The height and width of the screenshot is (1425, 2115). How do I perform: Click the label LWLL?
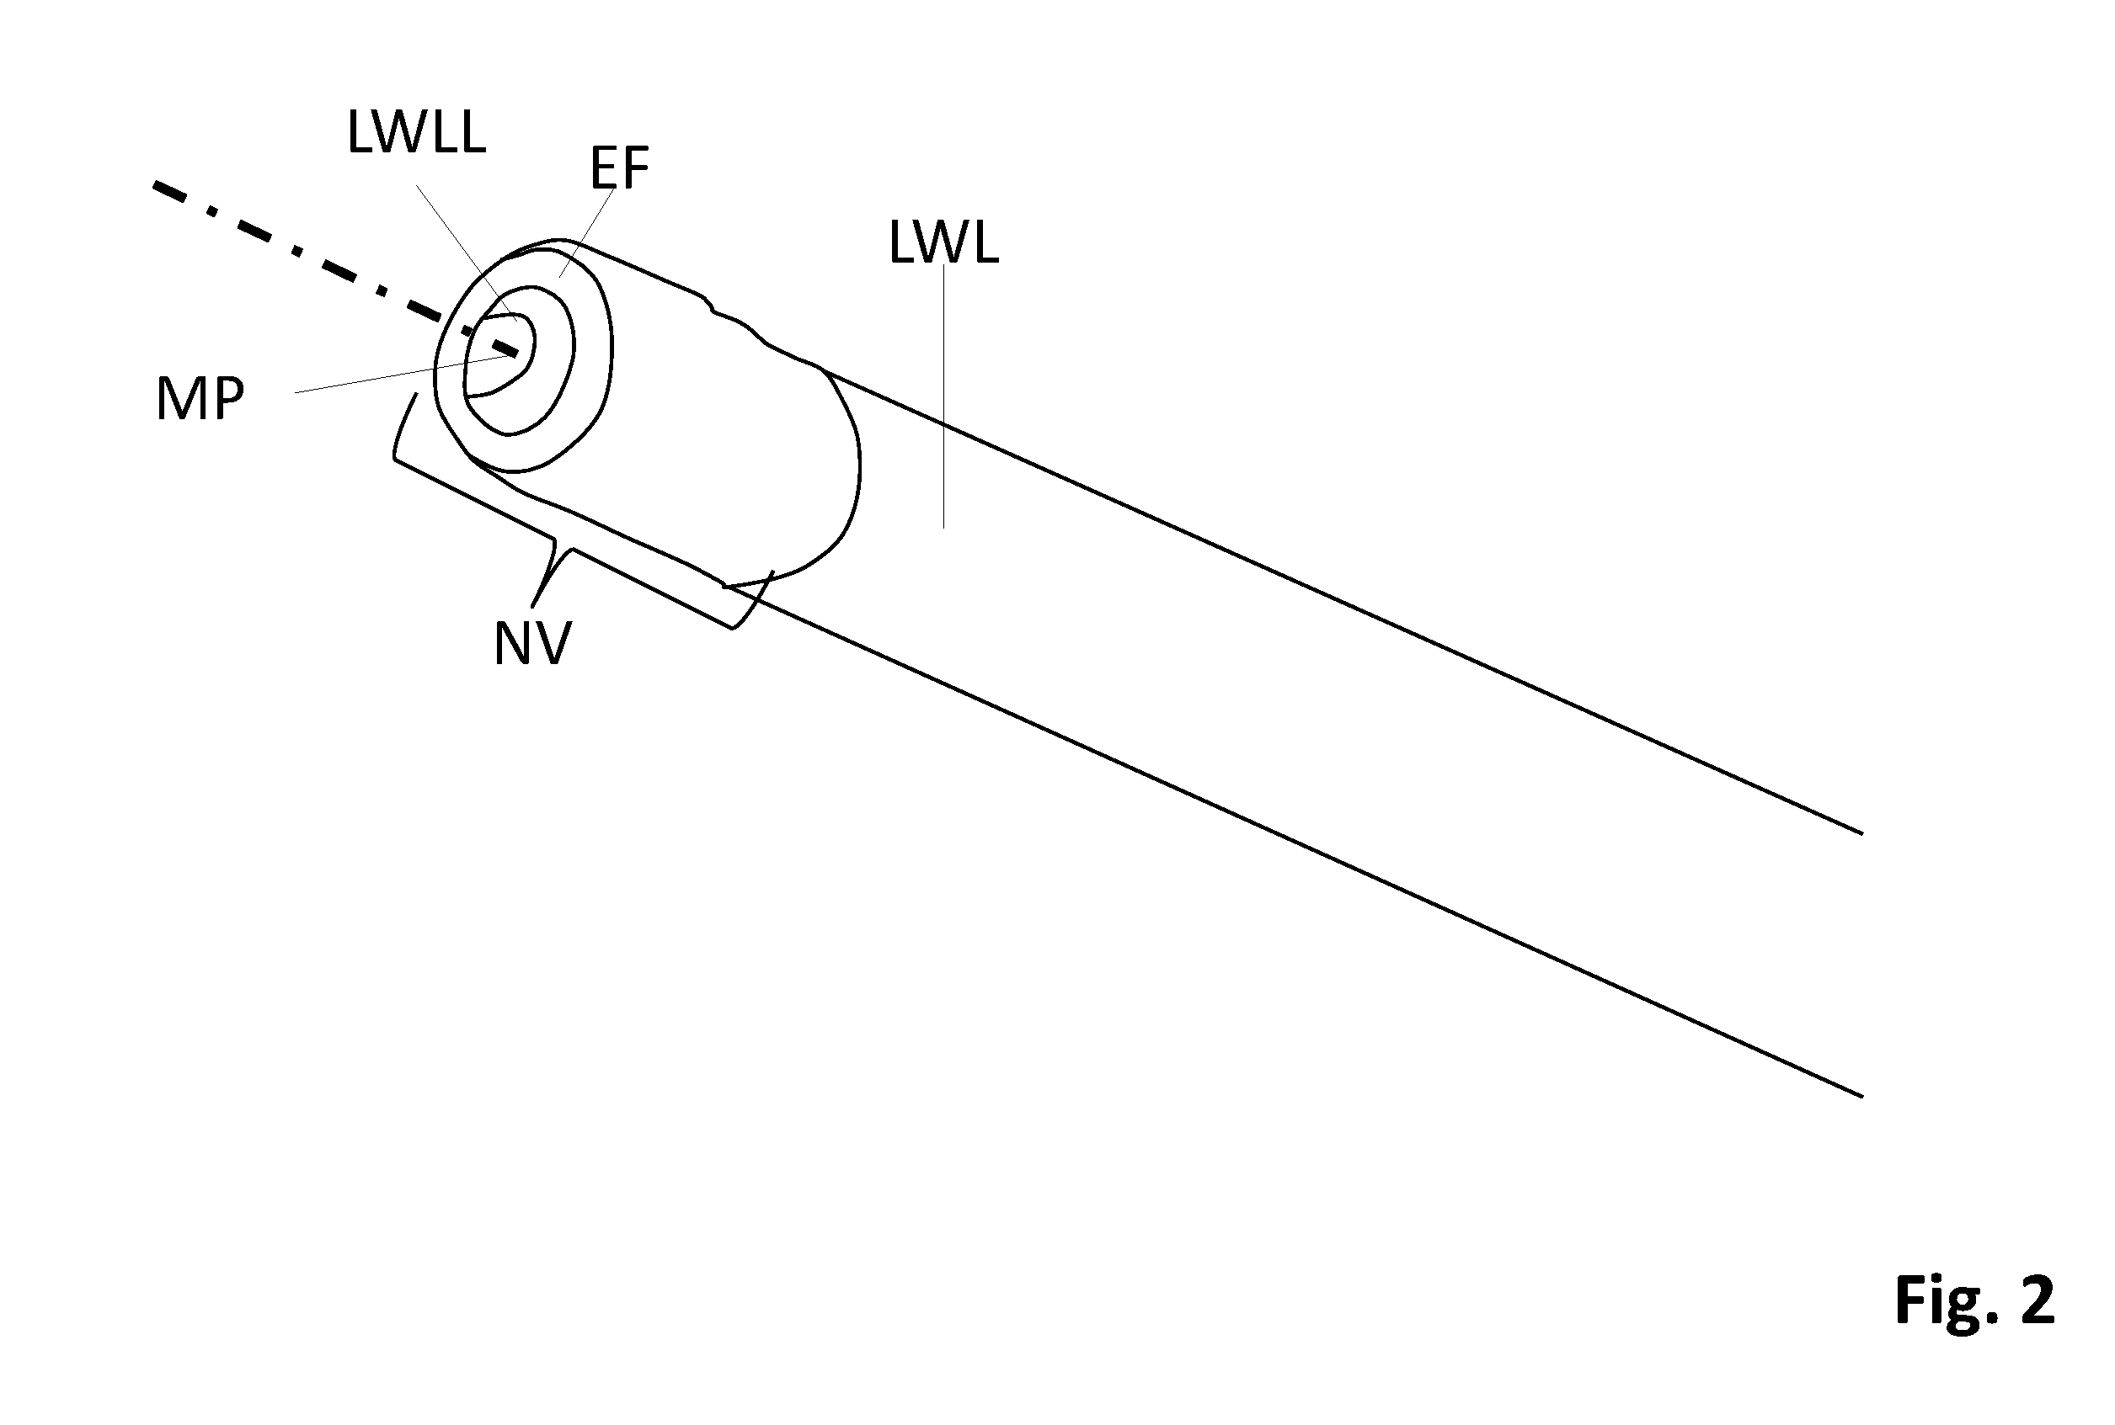(416, 132)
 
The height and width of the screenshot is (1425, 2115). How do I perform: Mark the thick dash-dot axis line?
(336, 269)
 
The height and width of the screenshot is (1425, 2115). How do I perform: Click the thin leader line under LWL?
(944, 396)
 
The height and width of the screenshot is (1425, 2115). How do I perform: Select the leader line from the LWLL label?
(467, 253)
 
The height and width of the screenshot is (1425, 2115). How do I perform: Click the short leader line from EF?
(588, 231)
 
